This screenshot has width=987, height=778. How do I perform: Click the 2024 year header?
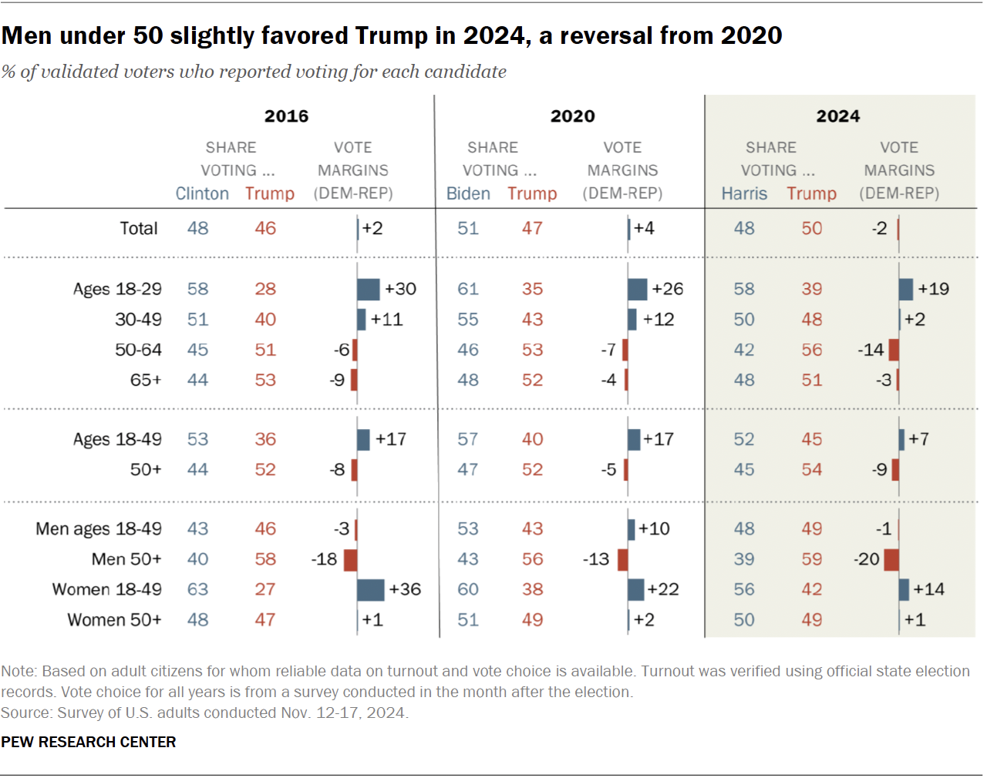837,116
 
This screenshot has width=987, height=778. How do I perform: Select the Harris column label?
744,193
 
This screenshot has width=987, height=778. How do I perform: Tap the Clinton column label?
202,193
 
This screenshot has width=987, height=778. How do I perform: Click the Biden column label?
468,193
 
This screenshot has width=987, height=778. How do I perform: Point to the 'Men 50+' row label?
126,559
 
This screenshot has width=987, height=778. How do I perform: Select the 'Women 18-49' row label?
106,589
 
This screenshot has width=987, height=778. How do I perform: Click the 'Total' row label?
139,229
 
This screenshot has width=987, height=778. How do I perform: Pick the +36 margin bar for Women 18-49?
371,590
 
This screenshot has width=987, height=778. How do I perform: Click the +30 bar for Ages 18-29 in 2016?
369,290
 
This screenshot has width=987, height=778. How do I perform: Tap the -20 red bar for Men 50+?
891,560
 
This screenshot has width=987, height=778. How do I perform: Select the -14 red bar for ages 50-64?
894,350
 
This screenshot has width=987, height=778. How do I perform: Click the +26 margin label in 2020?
667,289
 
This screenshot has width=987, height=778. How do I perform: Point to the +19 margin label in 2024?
933,289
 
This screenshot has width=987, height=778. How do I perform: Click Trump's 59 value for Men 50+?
811,559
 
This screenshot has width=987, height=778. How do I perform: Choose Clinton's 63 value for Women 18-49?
197,589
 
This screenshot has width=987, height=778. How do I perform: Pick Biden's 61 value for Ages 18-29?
468,289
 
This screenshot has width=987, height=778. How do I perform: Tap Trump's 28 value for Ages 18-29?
265,289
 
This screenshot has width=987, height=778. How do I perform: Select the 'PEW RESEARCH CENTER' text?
89,742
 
